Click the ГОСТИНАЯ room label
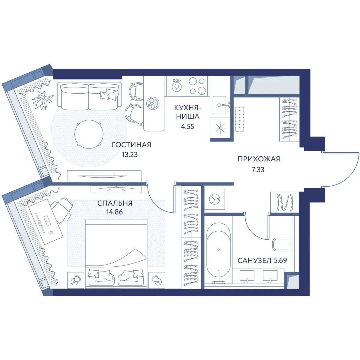(x=131, y=145)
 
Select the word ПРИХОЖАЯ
(x=259, y=159)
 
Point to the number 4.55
(x=187, y=127)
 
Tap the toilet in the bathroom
(x=282, y=244)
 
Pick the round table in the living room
(x=89, y=134)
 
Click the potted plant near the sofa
(x=42, y=100)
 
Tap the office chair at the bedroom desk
(x=62, y=210)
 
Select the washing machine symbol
(x=214, y=199)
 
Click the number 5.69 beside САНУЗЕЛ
(x=280, y=260)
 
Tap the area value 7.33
(x=258, y=170)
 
